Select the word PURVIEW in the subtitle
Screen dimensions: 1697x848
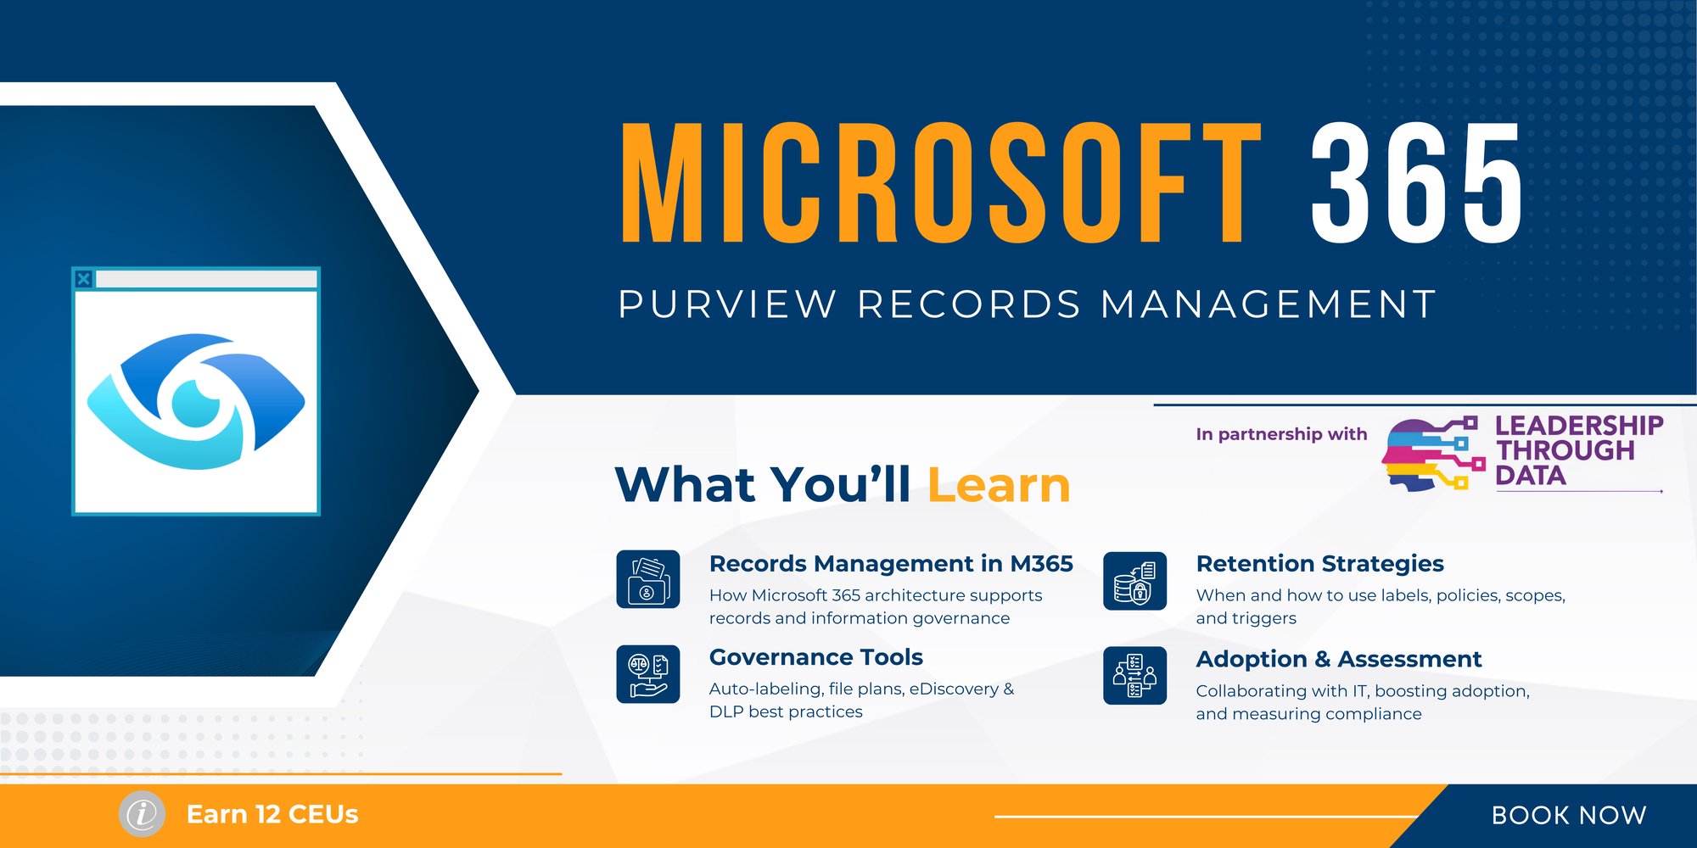(727, 304)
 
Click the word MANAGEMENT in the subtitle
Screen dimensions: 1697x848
(1269, 304)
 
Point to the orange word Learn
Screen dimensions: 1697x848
(999, 485)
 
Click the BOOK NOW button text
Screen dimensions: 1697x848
(1569, 815)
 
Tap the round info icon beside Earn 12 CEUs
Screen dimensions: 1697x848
(142, 814)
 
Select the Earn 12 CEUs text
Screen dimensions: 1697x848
(272, 814)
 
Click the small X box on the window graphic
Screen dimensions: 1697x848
(83, 278)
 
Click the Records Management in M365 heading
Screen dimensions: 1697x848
(891, 564)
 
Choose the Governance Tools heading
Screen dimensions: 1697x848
(816, 657)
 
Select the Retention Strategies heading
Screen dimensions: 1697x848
(1320, 564)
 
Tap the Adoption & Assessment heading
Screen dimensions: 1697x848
(1339, 659)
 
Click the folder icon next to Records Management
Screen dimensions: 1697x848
(648, 579)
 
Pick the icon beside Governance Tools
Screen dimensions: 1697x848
(648, 674)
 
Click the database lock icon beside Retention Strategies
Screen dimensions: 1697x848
(1135, 581)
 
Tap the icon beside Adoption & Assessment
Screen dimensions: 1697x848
(1135, 676)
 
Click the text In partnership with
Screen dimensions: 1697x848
(1281, 434)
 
